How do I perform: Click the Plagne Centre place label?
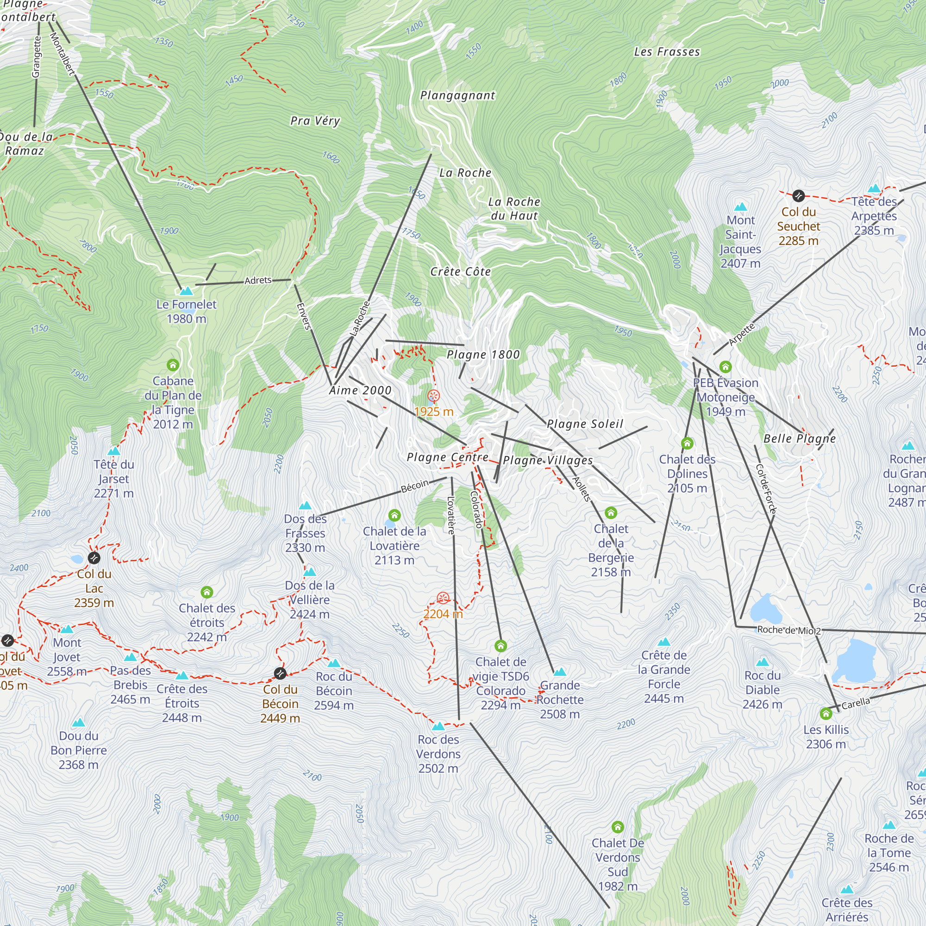point(448,457)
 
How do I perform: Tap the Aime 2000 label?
point(360,390)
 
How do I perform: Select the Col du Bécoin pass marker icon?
point(281,673)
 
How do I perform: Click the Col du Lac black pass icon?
point(94,557)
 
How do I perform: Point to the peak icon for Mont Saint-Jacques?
point(740,207)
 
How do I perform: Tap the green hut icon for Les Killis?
point(826,713)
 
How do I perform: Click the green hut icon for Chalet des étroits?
point(206,592)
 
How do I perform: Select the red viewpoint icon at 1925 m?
point(433,396)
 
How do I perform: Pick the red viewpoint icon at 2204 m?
point(443,598)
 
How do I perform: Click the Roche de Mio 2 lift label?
point(789,630)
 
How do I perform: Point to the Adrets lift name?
point(258,281)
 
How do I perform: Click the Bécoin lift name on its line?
point(414,486)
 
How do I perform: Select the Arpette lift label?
point(741,334)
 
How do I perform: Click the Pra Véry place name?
point(315,121)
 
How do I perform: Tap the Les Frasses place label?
point(667,52)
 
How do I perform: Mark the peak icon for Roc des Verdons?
point(438,726)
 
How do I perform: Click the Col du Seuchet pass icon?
point(798,195)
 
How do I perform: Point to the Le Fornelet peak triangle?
point(186,291)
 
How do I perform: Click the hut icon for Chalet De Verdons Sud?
point(617,827)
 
